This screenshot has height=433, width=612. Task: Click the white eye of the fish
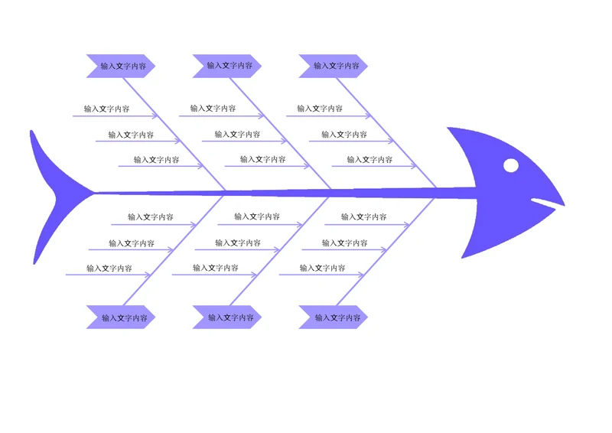pyautogui.click(x=511, y=165)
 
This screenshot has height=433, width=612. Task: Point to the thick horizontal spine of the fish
pyautogui.click(x=285, y=193)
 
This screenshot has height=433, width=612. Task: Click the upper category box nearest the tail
pyautogui.click(x=121, y=66)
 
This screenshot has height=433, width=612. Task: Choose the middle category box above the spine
pyautogui.click(x=226, y=66)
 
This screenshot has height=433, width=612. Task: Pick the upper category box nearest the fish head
pyautogui.click(x=333, y=66)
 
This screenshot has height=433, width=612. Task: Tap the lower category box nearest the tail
pyautogui.click(x=121, y=317)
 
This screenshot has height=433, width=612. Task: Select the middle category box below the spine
pyautogui.click(x=226, y=317)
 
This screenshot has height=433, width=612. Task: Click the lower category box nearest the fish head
pyautogui.click(x=333, y=317)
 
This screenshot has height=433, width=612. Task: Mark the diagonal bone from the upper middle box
pyautogui.click(x=280, y=133)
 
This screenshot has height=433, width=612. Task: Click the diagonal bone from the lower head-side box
pyautogui.click(x=386, y=252)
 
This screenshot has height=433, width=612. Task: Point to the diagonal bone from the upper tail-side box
pyautogui.click(x=174, y=134)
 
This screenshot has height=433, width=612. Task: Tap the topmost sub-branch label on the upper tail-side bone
pyautogui.click(x=106, y=109)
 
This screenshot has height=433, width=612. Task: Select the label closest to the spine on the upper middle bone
pyautogui.click(x=262, y=159)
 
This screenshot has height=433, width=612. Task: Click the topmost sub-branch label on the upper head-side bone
pyautogui.click(x=320, y=109)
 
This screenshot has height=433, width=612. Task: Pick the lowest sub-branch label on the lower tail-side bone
pyautogui.click(x=109, y=269)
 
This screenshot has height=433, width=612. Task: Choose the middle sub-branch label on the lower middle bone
pyautogui.click(x=238, y=243)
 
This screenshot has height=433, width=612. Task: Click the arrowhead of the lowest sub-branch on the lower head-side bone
pyautogui.click(x=361, y=275)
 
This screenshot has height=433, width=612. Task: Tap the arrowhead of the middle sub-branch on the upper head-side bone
pyautogui.click(x=391, y=141)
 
